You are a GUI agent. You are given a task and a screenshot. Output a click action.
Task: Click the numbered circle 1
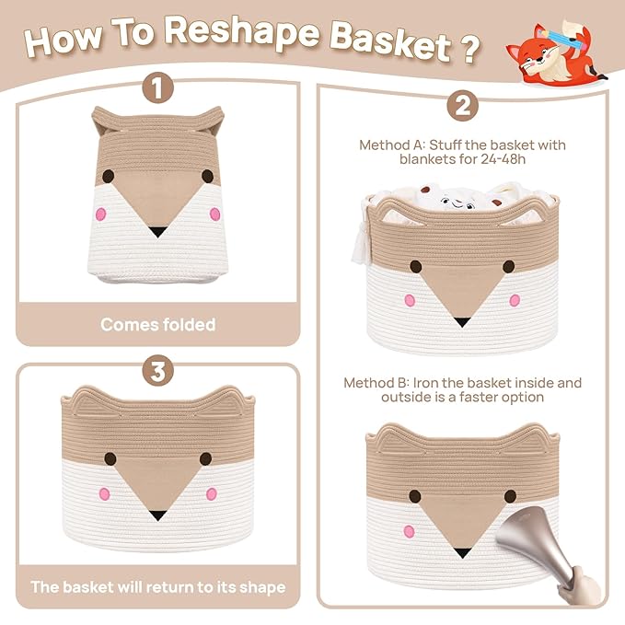click(158, 87)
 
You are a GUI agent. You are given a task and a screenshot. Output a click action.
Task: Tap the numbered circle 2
click(462, 106)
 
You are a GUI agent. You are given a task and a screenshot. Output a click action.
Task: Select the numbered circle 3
click(158, 371)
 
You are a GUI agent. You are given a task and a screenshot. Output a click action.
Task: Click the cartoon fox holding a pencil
click(556, 52)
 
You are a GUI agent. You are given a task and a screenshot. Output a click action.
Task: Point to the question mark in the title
click(472, 50)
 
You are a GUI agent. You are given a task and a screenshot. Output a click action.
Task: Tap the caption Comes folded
click(158, 324)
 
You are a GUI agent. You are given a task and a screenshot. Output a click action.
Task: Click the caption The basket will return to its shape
click(158, 587)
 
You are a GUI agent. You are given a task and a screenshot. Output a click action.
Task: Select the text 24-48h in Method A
click(503, 159)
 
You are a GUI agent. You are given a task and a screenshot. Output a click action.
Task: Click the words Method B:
click(376, 383)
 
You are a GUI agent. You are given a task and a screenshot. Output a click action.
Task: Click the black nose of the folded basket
click(157, 232)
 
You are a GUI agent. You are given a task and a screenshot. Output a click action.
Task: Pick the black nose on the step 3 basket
click(157, 515)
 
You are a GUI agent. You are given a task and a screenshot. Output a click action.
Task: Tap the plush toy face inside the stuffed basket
click(458, 203)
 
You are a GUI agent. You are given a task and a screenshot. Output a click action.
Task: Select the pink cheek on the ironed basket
click(409, 531)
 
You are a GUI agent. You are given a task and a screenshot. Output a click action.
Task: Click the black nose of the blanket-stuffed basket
click(462, 322)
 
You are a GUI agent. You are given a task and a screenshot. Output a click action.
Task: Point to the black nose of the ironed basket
click(462, 553)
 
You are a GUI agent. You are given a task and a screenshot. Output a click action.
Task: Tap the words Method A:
click(392, 145)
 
